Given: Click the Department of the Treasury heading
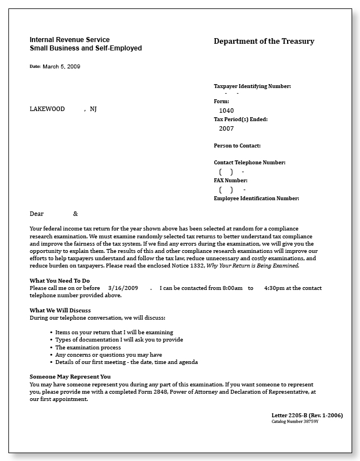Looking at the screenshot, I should click(264, 42).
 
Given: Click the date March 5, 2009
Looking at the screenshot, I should click(61, 66).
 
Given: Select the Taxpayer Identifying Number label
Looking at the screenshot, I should click(252, 86).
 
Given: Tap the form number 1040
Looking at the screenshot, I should click(226, 110).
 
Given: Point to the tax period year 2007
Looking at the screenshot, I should click(226, 128).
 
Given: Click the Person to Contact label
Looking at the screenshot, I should click(237, 146).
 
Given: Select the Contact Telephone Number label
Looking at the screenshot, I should click(249, 163).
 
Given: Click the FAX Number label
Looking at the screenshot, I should click(230, 181).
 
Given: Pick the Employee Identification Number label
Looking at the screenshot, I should click(256, 199).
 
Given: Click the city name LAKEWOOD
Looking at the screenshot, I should click(47, 109).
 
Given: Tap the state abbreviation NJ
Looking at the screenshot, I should click(93, 109).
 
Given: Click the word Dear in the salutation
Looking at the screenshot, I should click(36, 214).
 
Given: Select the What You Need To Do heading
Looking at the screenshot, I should click(59, 280).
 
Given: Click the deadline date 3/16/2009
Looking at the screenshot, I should click(123, 288).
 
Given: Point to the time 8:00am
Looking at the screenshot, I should click(231, 288).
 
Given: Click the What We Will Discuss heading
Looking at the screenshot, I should click(60, 310).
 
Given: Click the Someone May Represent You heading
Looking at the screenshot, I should click(70, 376).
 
